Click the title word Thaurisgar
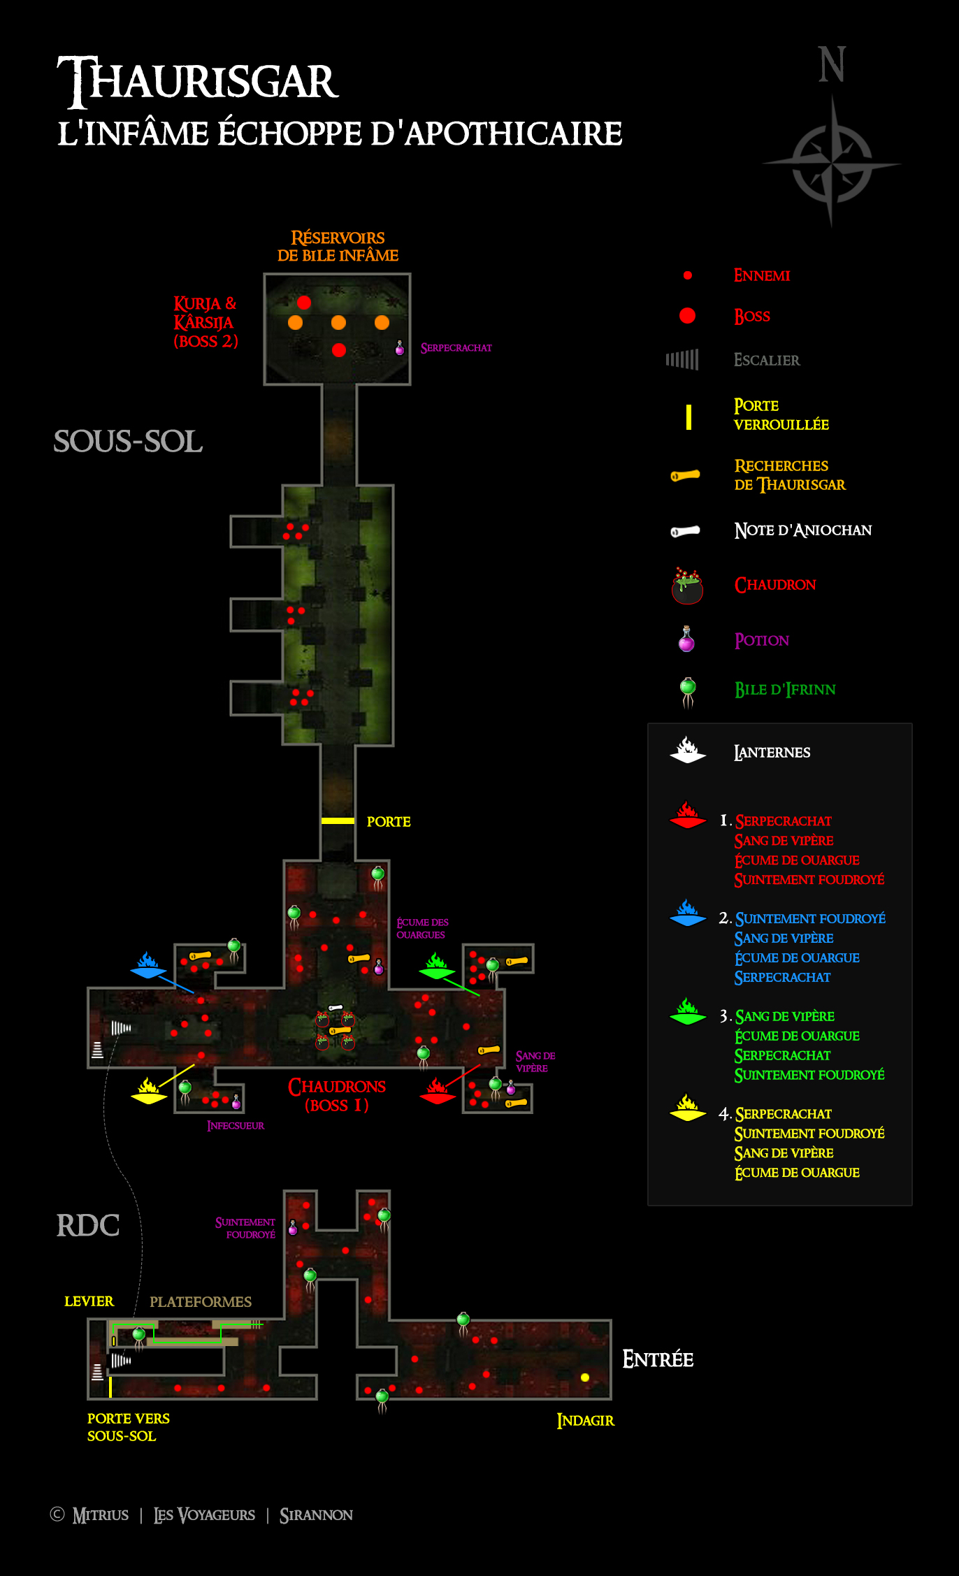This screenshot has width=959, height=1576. (198, 81)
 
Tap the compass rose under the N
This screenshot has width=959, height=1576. (832, 163)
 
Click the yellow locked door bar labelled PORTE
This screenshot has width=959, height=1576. (338, 820)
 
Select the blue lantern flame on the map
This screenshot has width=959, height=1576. (148, 965)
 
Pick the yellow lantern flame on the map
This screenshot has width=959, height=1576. (149, 1091)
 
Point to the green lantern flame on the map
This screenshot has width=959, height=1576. (437, 965)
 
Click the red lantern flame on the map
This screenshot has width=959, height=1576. (438, 1091)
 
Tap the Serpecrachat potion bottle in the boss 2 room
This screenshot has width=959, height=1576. (400, 347)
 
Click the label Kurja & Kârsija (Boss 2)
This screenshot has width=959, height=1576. (206, 322)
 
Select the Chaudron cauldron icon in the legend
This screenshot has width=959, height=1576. (687, 586)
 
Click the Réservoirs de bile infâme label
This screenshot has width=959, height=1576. (338, 247)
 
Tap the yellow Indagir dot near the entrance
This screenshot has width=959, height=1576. (585, 1378)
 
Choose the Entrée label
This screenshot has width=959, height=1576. (658, 1359)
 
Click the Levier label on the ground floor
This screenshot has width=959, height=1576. (89, 1301)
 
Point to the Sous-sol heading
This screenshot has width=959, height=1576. (129, 441)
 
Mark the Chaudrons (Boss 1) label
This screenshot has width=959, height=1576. (337, 1096)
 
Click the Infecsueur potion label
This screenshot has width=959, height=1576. (236, 1125)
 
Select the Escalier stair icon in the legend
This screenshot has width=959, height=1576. (682, 360)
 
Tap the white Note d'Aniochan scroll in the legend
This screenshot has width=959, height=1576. (686, 531)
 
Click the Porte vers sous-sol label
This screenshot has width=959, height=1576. (129, 1427)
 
